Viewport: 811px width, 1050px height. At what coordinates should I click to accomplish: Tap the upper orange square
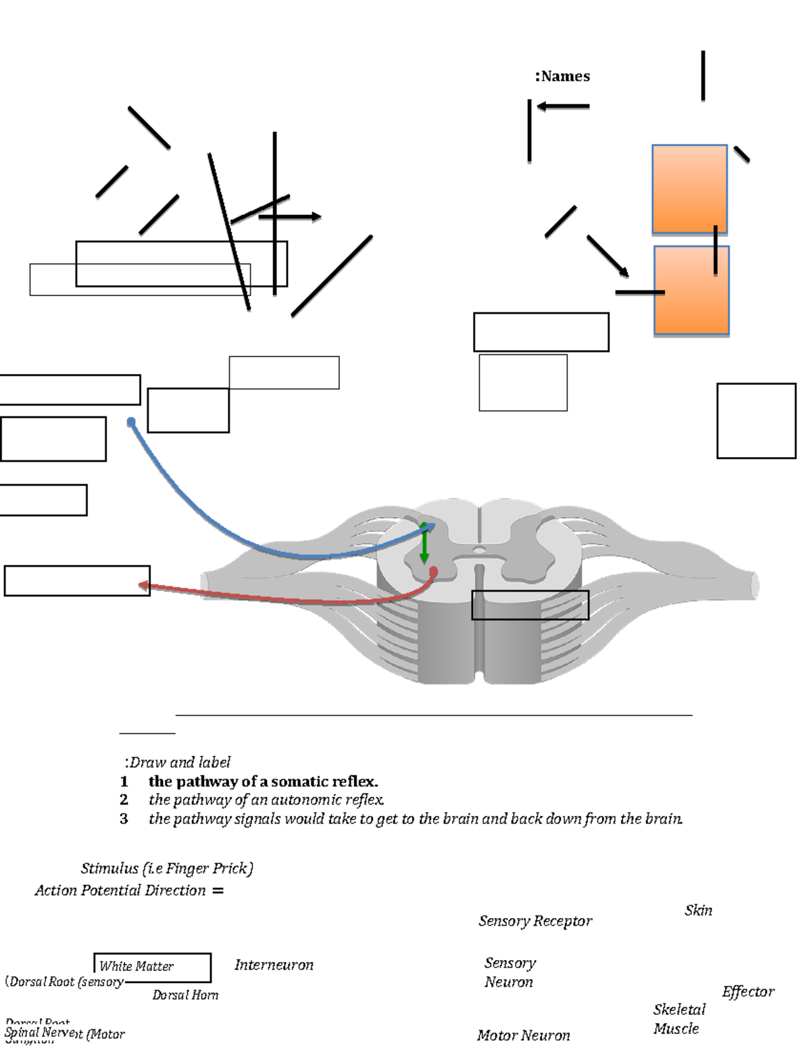coord(689,189)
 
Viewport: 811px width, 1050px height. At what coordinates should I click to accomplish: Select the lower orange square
coord(691,290)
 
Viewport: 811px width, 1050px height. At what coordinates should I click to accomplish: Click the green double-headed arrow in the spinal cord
coord(424,542)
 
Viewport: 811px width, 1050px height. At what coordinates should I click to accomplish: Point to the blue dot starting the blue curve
coord(131,423)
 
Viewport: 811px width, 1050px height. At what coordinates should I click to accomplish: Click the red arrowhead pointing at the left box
coord(143,586)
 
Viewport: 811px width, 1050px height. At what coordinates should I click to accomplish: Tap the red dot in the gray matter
coord(433,572)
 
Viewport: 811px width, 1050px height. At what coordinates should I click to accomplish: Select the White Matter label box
coord(152,967)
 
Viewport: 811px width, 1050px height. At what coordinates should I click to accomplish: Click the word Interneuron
coord(274,965)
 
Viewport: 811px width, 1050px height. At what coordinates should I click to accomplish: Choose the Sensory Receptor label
coord(535,921)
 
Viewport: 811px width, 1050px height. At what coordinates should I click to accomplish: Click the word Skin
coord(698,911)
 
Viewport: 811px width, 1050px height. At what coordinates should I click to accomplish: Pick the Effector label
coord(747,992)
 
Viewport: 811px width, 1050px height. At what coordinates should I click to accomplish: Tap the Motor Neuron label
coord(523,1035)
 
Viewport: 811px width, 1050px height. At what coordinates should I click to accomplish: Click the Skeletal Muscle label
coord(679,1019)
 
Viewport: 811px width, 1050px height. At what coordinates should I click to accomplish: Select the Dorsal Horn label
coord(185,995)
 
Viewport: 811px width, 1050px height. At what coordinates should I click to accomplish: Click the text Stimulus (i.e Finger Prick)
coord(167,868)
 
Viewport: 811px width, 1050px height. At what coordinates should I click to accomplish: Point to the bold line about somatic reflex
coord(263,782)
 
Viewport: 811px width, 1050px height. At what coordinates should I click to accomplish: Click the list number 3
coord(124,819)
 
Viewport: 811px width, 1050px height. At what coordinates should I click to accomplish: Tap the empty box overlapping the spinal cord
coord(530,604)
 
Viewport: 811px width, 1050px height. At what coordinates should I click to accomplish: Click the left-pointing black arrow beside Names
coord(562,106)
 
